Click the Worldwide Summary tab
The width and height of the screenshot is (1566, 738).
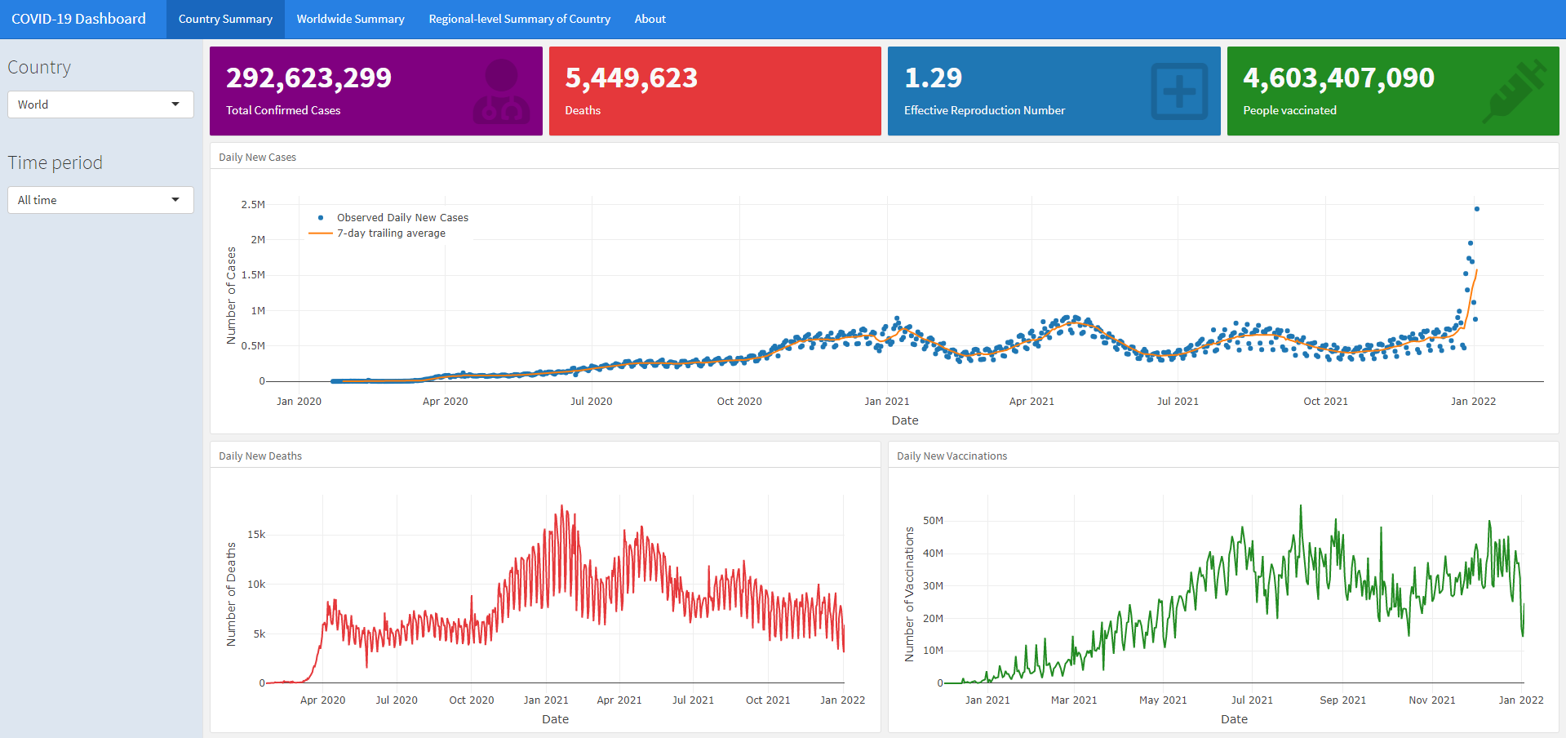point(350,19)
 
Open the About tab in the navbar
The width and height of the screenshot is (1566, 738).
point(650,19)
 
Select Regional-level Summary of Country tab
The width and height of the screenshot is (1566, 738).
point(519,19)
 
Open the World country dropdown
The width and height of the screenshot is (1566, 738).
point(100,104)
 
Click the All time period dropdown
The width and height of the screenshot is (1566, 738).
point(100,200)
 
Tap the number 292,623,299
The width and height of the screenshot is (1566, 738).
point(308,78)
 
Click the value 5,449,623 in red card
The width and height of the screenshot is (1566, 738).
point(631,78)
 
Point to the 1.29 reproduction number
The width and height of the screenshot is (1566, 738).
point(933,78)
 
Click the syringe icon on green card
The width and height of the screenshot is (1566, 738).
point(1514,91)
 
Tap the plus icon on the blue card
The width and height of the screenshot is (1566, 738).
point(1179,91)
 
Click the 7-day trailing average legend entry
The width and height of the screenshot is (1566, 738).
point(391,233)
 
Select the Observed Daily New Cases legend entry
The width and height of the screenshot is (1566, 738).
point(402,218)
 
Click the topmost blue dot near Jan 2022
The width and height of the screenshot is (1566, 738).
point(1476,209)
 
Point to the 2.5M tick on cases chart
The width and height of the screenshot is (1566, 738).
point(253,205)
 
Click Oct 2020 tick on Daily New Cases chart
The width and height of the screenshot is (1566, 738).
point(739,402)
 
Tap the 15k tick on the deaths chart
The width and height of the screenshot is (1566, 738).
point(256,535)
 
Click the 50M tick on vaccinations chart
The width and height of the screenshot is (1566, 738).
point(933,521)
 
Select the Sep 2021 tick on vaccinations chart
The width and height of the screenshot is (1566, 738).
point(1342,700)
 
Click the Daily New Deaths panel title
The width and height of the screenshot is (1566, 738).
point(260,456)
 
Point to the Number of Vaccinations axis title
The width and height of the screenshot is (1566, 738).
point(910,594)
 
